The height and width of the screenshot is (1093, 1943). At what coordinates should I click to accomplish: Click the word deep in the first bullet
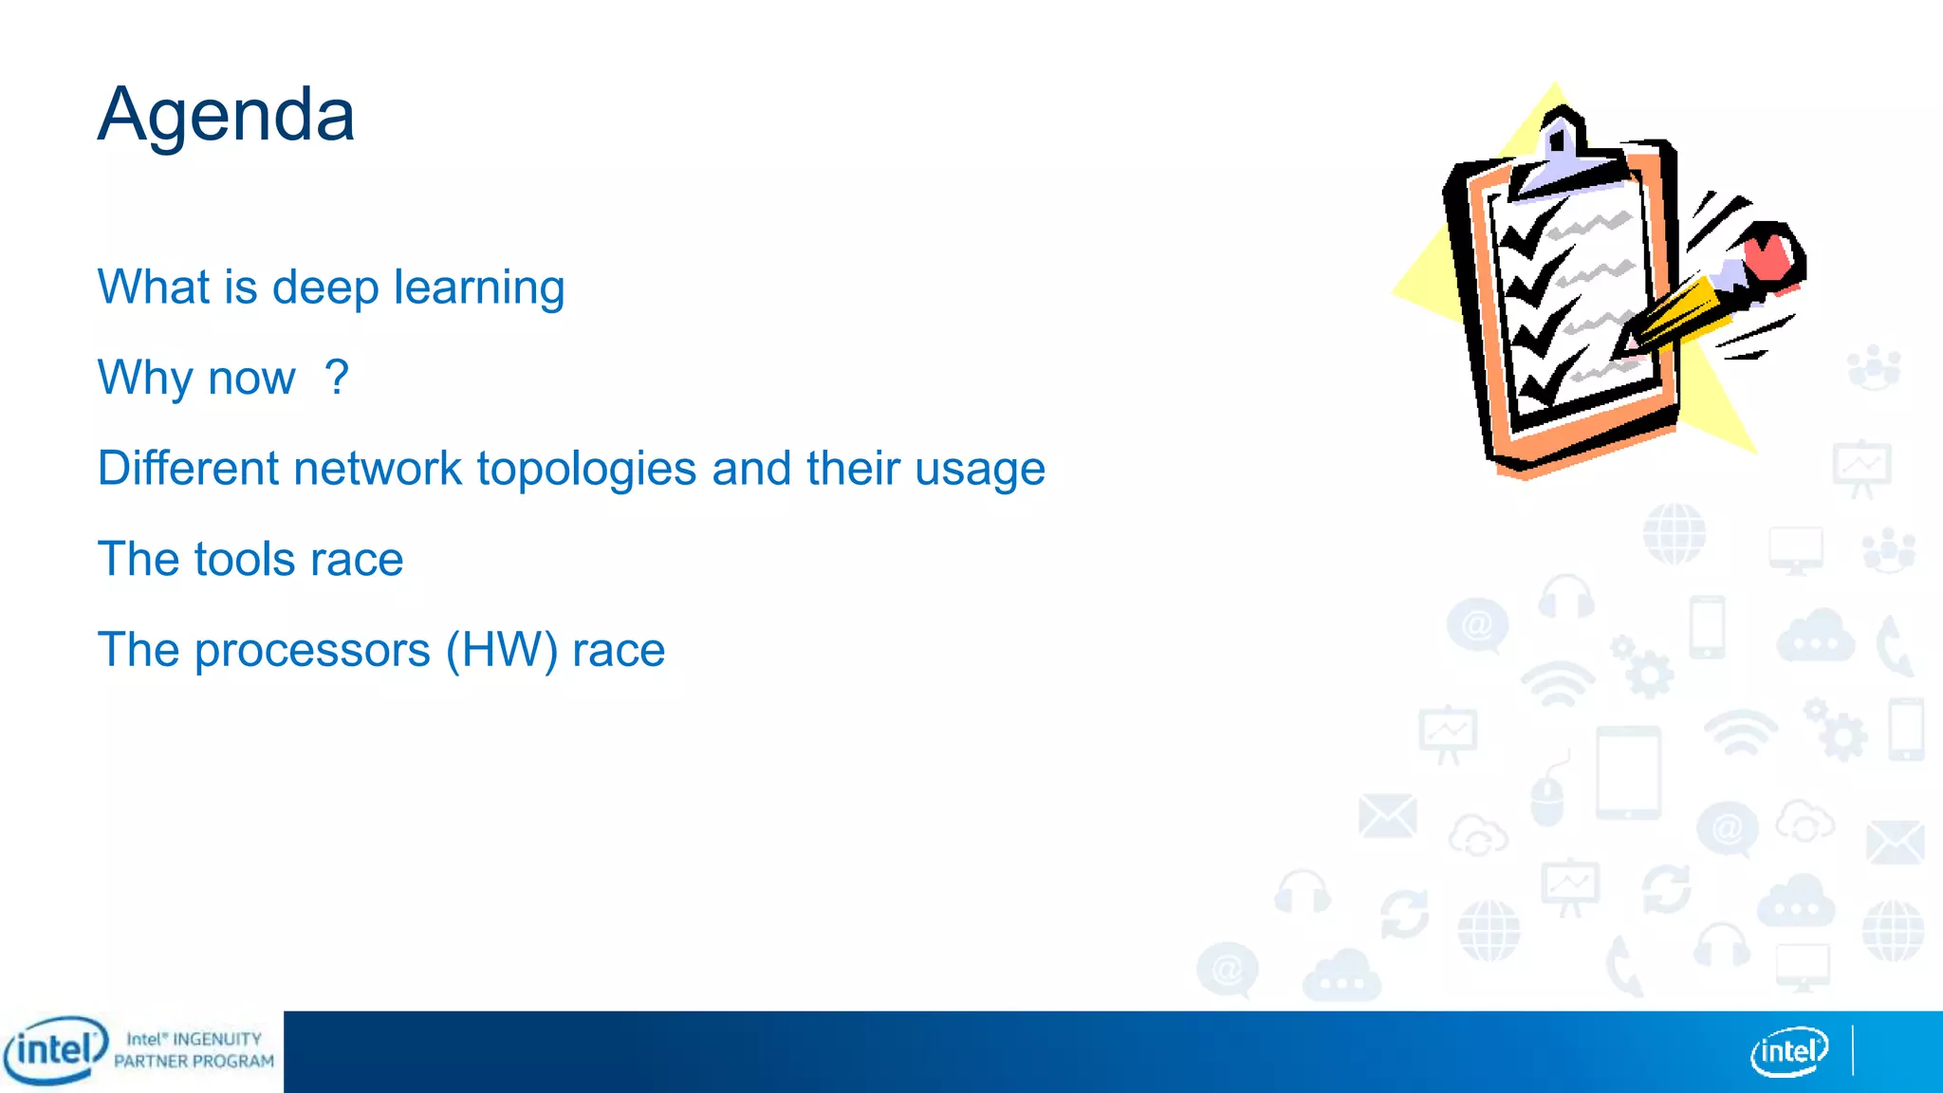324,287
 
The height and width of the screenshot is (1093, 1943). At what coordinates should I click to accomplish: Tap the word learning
479,287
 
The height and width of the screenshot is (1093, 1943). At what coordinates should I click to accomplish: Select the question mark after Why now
336,377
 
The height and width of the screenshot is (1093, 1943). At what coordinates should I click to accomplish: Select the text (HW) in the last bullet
502,651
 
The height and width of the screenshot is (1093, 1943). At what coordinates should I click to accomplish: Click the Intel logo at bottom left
55,1050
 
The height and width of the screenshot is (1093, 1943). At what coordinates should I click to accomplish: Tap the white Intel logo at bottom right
1788,1051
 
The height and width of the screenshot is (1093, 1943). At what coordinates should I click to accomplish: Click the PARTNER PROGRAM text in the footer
194,1062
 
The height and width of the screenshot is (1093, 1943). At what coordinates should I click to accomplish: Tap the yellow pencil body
1684,308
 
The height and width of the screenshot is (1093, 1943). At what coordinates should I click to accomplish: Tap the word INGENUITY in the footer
216,1039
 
